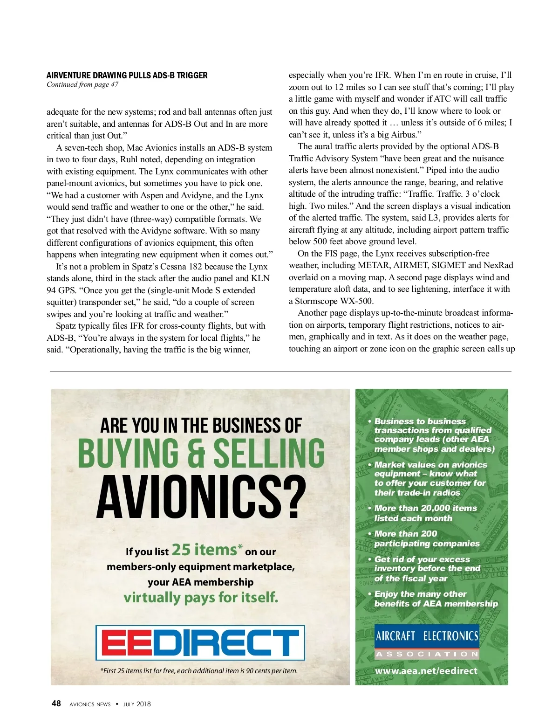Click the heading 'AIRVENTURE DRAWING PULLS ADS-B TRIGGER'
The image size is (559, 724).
[x=127, y=76]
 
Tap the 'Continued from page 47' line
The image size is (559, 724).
[x=82, y=84]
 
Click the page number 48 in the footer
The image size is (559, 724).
[x=56, y=703]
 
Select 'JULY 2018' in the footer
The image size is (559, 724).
[x=136, y=704]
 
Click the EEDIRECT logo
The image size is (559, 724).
[x=200, y=643]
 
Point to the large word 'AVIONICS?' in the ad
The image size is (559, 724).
[x=201, y=497]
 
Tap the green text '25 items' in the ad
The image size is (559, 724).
[x=204, y=550]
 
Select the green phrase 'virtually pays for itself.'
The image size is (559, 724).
[x=201, y=597]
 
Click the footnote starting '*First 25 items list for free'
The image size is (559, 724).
[x=199, y=671]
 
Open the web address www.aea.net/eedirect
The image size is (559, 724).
[x=426, y=671]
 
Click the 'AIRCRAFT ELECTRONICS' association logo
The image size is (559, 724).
[x=427, y=641]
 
